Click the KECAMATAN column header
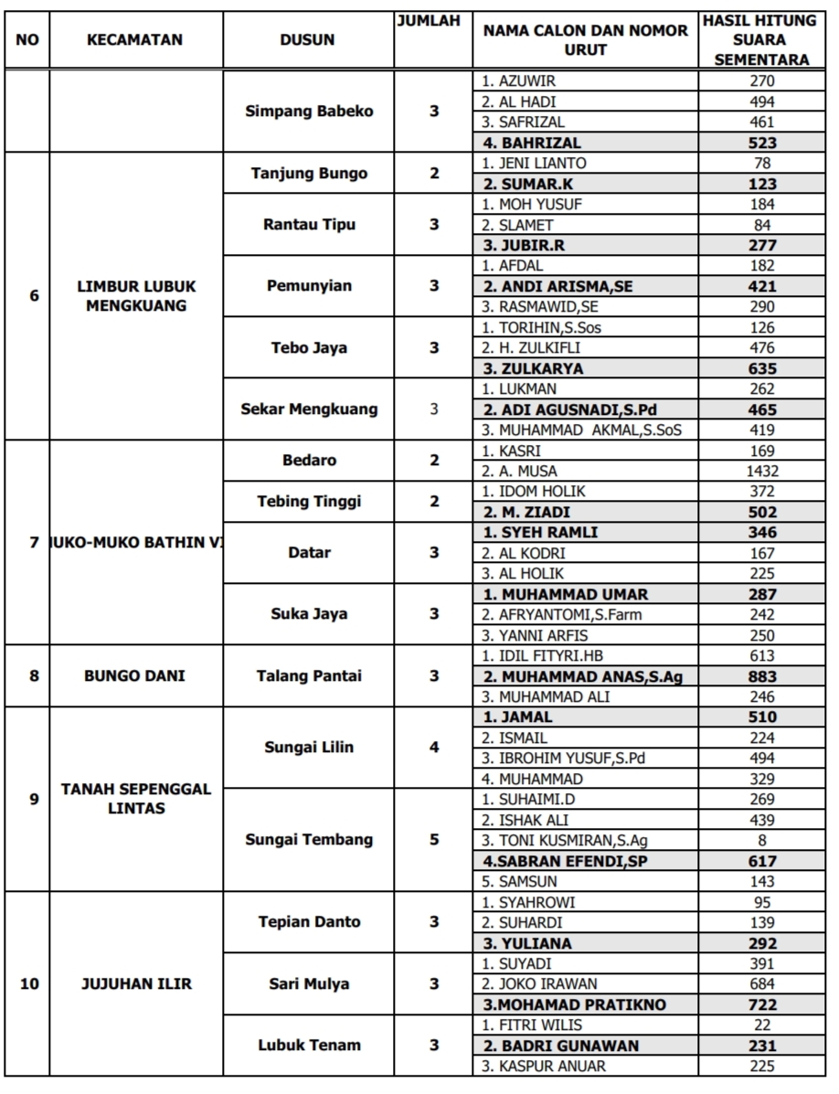tap(134, 40)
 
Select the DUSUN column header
tap(307, 40)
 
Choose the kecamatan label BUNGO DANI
tap(134, 676)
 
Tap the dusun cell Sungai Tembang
tap(309, 840)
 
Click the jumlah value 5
tap(434, 840)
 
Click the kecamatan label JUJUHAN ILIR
tap(134, 984)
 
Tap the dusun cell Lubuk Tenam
tap(309, 1045)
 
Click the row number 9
tap(34, 799)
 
